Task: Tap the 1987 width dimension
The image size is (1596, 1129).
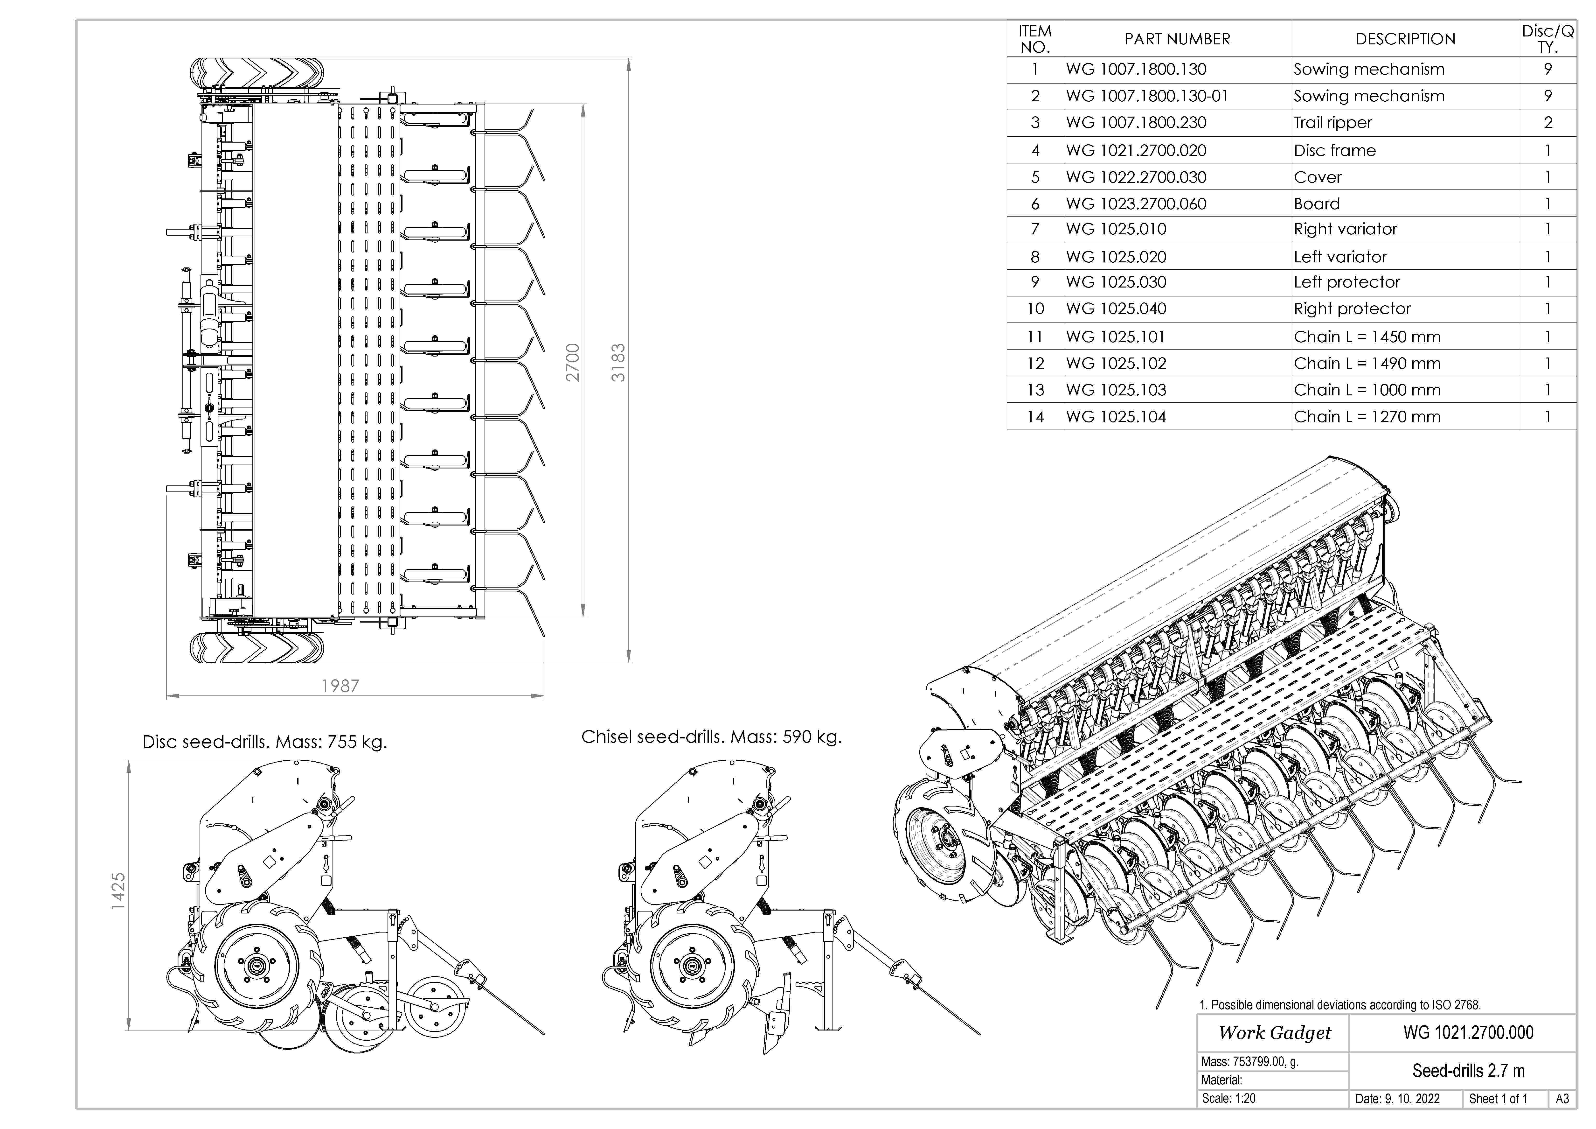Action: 341,686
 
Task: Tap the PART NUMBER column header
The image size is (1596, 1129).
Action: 1177,39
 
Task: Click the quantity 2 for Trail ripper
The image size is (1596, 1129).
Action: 1547,123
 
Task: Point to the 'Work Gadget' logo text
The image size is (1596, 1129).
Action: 1274,1033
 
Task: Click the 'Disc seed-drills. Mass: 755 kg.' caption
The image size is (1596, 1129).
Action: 264,742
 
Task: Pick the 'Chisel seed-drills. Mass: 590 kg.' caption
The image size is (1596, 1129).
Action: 711,737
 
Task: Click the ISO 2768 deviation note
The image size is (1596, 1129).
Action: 1339,1004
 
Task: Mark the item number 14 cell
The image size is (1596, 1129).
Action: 1035,417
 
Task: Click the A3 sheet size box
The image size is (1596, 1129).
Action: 1562,1099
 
